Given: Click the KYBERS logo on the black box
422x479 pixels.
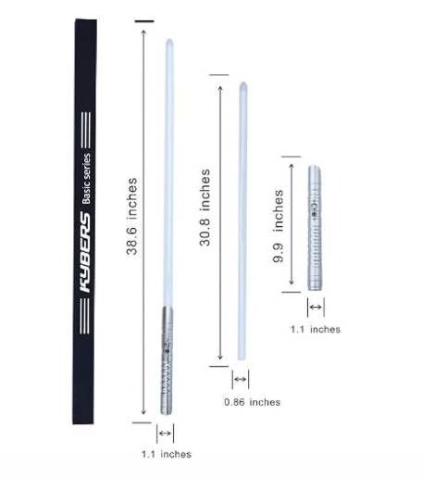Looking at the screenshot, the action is (85, 252).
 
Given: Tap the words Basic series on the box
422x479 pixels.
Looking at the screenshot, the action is (86, 179).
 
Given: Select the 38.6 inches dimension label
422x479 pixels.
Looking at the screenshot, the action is (131, 216).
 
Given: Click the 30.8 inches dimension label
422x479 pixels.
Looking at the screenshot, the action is (205, 208).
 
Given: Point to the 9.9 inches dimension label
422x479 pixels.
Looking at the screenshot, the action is (279, 226).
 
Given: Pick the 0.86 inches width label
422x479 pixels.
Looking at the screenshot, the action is (253, 402).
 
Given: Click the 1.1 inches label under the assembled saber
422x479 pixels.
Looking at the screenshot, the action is (167, 454).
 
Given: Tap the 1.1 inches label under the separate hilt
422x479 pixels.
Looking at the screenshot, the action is (316, 329).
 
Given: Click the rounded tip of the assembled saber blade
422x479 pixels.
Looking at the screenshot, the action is (169, 41).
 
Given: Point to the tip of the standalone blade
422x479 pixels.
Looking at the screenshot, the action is (243, 83).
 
